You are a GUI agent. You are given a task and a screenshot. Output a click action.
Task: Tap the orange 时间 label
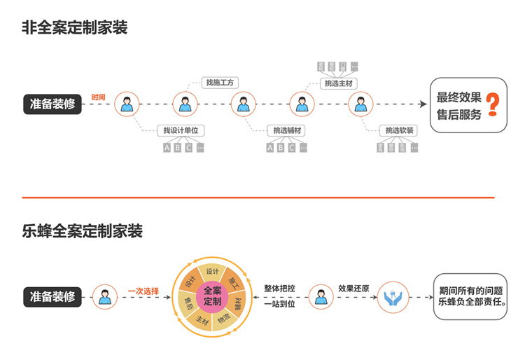pos(99,97)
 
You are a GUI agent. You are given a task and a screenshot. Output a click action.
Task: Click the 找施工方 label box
pos(220,83)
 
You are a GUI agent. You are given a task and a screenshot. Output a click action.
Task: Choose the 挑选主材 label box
pos(338,83)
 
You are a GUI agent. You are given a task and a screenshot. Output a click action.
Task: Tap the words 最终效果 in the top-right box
pos(458,97)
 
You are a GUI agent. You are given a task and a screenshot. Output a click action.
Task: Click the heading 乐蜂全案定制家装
pos(83,230)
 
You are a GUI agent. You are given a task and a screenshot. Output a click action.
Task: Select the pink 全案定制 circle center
pos(212,297)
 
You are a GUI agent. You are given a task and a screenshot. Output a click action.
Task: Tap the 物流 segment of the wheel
pos(224,318)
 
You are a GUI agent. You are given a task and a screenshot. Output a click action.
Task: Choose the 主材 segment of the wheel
pos(202,320)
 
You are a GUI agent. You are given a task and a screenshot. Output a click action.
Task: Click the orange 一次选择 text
pos(143,291)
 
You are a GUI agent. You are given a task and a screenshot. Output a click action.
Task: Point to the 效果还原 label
pos(353,288)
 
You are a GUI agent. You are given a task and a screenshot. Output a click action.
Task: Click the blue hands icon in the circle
pos(392,297)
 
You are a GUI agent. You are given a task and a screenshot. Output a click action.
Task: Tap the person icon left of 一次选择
pos(105,297)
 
